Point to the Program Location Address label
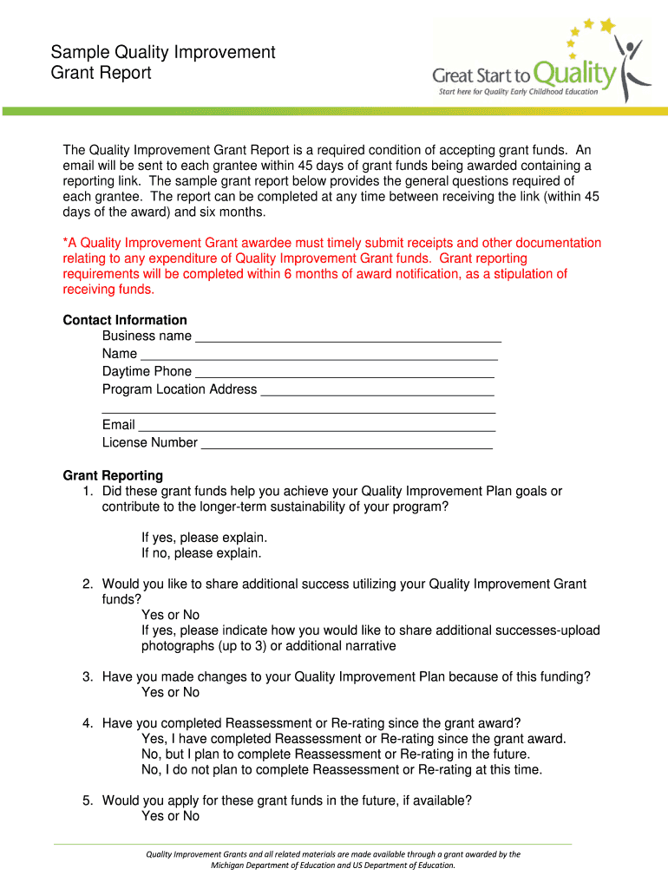[x=180, y=389]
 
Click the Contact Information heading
[x=125, y=320]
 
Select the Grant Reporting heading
[x=113, y=475]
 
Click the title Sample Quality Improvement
[x=162, y=52]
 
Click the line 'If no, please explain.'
[x=201, y=552]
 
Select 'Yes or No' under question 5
[x=170, y=816]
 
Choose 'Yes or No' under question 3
[x=170, y=692]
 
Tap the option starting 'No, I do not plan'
[x=342, y=769]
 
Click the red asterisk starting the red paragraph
[x=66, y=243]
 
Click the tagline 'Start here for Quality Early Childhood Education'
[x=519, y=91]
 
